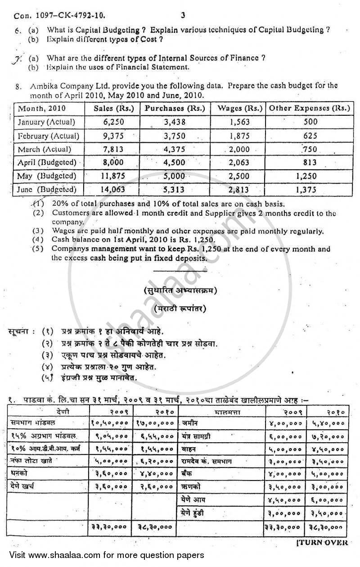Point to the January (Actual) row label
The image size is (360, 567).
pos(45,122)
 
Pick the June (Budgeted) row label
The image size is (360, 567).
pos(47,190)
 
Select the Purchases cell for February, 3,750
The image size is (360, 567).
pos(173,136)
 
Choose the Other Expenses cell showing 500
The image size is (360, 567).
pos(310,122)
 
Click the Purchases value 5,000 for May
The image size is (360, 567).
pos(174,176)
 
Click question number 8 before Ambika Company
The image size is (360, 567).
pos(18,86)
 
